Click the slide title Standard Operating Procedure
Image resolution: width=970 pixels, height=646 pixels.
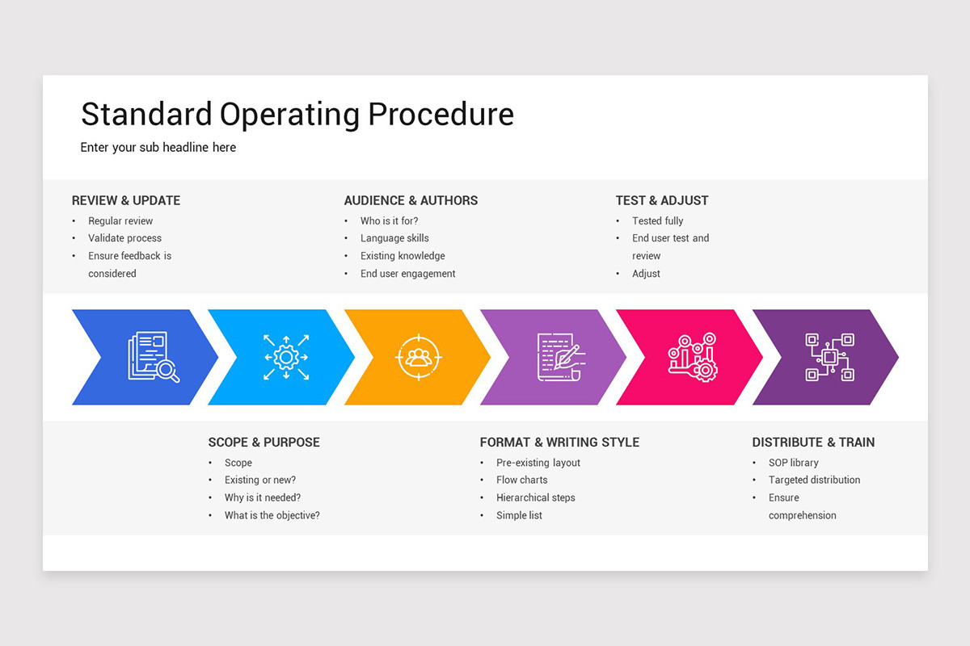297,115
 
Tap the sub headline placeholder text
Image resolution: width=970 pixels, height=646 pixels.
158,148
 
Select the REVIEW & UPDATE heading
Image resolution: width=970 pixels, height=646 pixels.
126,200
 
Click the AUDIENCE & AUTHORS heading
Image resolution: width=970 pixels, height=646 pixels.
411,200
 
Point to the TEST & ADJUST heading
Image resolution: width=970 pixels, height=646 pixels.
662,200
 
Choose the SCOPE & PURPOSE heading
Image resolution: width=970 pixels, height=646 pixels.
264,442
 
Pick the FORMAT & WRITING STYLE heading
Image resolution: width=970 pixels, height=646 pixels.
559,442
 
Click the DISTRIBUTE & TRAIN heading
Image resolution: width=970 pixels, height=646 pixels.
813,442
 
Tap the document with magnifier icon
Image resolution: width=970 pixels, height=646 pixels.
153,357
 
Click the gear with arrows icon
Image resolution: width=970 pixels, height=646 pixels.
286,357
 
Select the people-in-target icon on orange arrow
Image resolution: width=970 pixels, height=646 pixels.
418,357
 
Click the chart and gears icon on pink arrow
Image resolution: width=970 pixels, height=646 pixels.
693,357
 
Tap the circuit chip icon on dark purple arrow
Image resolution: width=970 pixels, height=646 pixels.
829,357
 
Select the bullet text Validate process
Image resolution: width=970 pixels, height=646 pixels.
124,238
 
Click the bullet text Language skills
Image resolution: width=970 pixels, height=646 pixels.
394,238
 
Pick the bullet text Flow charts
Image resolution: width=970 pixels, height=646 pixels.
521,480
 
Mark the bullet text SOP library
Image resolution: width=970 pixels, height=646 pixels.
793,463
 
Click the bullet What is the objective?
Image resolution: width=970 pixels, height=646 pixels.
272,515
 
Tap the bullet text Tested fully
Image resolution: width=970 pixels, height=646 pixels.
657,220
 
